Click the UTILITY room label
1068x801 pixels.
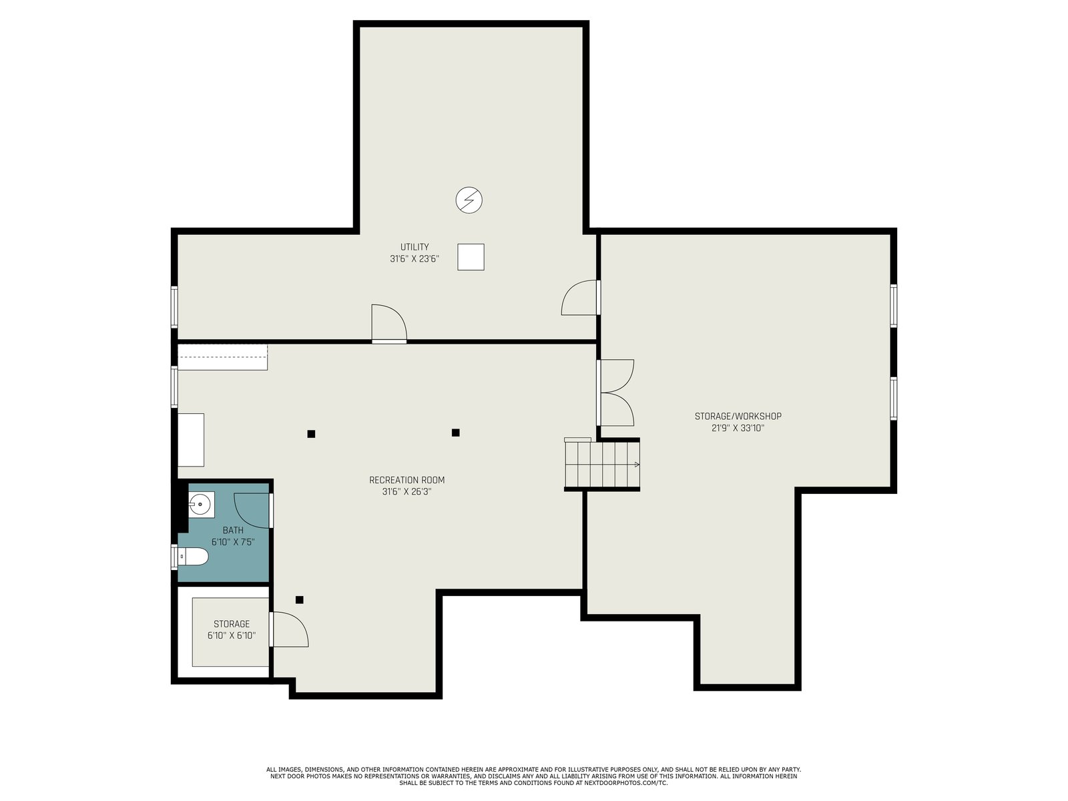point(415,246)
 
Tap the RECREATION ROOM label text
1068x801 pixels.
point(407,480)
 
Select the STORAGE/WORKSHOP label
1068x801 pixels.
point(738,417)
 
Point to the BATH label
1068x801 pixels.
point(233,530)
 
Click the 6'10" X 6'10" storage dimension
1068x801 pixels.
point(232,635)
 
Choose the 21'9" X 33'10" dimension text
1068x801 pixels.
point(738,429)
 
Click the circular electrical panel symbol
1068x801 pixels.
point(469,200)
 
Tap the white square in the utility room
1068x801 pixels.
point(471,257)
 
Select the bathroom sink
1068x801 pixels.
point(201,505)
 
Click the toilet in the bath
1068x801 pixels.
point(193,557)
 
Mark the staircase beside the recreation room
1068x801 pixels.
point(602,464)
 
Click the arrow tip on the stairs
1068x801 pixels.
point(638,465)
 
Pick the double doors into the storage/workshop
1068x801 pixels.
point(615,393)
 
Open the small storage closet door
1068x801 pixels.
point(289,629)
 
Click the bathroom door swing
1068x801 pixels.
point(253,511)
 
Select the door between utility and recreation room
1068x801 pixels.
point(389,324)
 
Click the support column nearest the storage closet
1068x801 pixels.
point(300,599)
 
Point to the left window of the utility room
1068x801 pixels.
point(174,307)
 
